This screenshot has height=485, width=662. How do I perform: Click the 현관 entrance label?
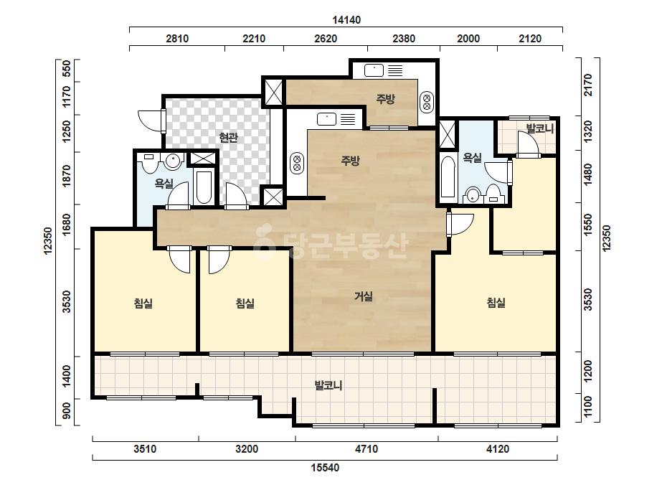pyautogui.click(x=228, y=137)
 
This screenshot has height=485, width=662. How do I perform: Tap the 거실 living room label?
pyautogui.click(x=364, y=296)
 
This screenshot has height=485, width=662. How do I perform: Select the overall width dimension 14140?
pyautogui.click(x=346, y=20)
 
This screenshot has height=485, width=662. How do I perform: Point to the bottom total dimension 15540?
pyautogui.click(x=325, y=468)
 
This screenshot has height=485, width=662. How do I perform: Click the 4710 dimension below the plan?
pyautogui.click(x=367, y=448)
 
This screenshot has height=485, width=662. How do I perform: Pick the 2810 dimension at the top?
pyautogui.click(x=177, y=39)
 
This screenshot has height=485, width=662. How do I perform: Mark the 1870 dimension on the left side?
pyautogui.click(x=67, y=176)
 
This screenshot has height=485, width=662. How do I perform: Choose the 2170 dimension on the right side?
pyautogui.click(x=588, y=85)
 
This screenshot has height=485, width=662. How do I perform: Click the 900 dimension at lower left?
pyautogui.click(x=67, y=411)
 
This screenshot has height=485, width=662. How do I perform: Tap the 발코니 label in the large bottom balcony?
pyautogui.click(x=328, y=385)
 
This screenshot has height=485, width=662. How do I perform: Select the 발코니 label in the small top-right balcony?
pyautogui.click(x=540, y=128)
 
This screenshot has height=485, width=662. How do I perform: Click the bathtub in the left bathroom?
pyautogui.click(x=204, y=187)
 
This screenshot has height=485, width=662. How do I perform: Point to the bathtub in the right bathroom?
pyautogui.click(x=448, y=177)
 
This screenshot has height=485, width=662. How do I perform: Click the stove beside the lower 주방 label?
pyautogui.click(x=297, y=163)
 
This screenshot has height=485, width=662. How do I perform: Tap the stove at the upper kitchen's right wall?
pyautogui.click(x=427, y=102)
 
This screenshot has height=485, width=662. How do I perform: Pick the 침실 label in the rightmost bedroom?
pyautogui.click(x=496, y=303)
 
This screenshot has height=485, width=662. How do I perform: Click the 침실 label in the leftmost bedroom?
pyautogui.click(x=143, y=303)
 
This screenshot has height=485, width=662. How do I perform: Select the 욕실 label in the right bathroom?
pyautogui.click(x=472, y=158)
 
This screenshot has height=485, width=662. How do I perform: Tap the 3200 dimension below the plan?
pyautogui.click(x=247, y=448)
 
